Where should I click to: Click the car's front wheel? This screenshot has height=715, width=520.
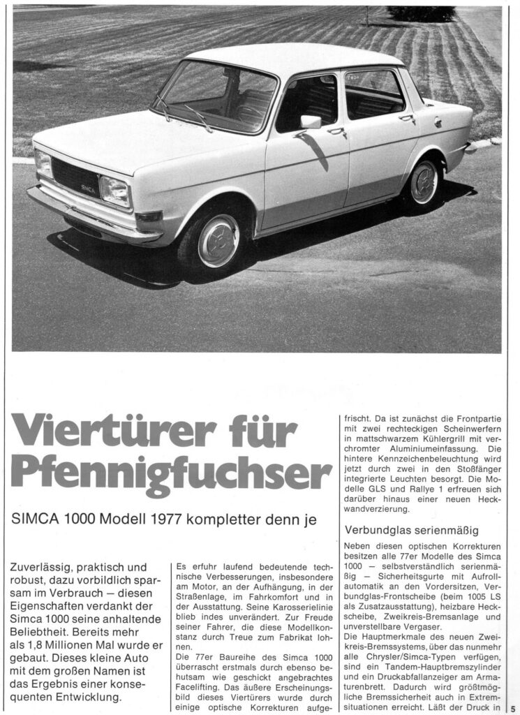[x=218, y=239]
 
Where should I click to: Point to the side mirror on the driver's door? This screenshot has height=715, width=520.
[x=310, y=124]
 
